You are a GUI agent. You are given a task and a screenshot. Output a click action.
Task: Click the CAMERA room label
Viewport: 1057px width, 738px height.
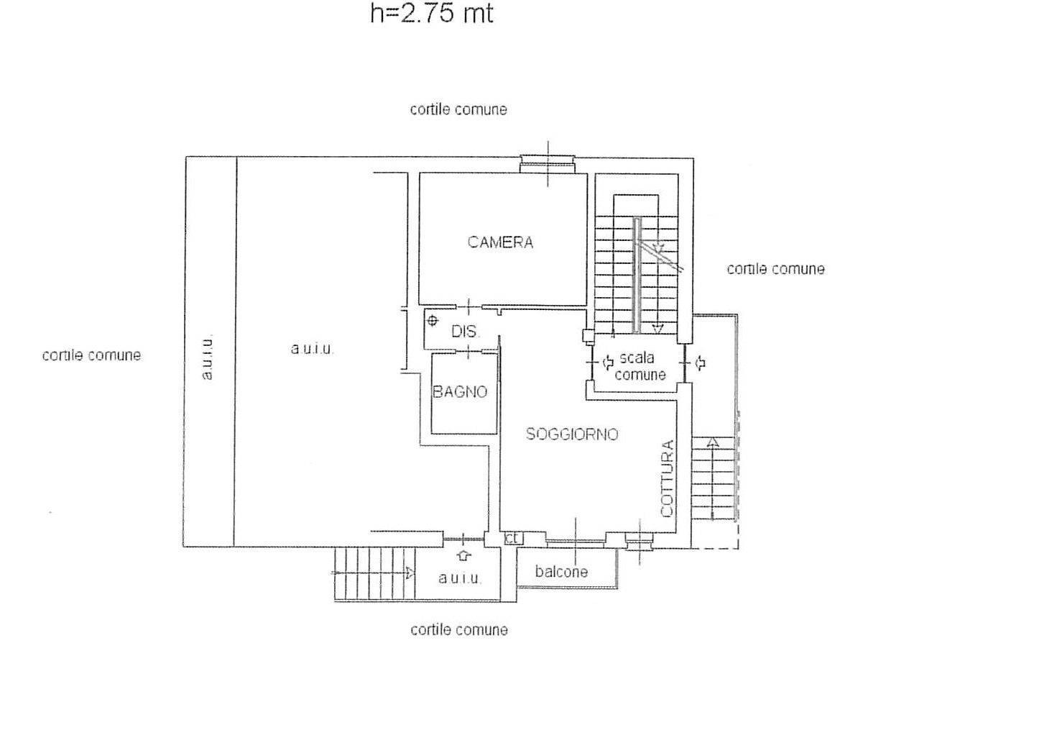(500, 242)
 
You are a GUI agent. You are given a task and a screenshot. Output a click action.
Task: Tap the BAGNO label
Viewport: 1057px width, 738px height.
(460, 392)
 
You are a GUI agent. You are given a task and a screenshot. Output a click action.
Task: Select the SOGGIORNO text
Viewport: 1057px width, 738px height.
(572, 434)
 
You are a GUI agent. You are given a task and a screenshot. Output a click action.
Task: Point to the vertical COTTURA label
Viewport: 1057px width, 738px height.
(667, 478)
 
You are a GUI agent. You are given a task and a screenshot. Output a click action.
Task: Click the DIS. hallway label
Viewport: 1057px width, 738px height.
(466, 331)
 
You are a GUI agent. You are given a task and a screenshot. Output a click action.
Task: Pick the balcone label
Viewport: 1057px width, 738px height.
(561, 572)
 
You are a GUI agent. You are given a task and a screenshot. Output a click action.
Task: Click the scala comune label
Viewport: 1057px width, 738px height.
(640, 366)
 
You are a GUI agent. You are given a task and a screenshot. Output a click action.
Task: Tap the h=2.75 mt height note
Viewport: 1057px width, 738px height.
(432, 13)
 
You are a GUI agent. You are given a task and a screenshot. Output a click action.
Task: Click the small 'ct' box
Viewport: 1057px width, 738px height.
(513, 538)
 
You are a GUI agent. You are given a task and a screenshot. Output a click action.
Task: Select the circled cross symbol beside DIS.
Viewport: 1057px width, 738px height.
(432, 322)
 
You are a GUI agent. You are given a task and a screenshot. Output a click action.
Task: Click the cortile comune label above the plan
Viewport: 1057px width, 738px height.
(458, 109)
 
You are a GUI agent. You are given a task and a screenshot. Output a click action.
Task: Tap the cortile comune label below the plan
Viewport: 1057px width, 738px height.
(458, 630)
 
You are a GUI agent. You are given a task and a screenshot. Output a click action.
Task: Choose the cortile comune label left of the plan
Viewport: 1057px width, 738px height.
(91, 355)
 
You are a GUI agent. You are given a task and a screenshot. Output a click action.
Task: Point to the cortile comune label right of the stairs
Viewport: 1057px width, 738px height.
(775, 269)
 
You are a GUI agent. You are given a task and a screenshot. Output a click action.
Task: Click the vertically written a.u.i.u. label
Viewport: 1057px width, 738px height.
(207, 358)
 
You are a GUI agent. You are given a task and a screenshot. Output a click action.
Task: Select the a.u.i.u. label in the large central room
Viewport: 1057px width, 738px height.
(313, 349)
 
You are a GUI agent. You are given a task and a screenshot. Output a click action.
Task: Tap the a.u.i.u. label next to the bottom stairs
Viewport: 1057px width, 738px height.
(460, 578)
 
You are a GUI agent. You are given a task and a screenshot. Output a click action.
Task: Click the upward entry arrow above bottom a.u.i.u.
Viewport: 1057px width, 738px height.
(464, 555)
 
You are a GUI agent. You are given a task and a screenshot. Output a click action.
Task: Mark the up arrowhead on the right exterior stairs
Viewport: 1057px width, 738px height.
(713, 442)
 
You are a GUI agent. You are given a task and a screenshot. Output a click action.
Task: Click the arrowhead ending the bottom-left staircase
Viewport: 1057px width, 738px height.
(410, 573)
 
